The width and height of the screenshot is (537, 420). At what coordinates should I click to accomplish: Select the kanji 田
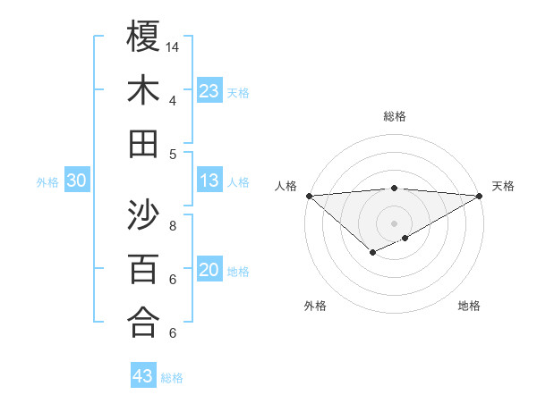tap(143, 144)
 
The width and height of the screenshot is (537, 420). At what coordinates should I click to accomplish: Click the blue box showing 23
tap(209, 90)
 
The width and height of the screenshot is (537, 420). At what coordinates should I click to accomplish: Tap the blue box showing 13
tap(209, 181)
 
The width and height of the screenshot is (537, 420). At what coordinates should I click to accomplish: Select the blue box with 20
tap(209, 271)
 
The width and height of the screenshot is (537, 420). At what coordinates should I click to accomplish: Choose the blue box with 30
tap(77, 181)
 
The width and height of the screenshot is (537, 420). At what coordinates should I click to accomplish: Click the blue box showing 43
tap(143, 376)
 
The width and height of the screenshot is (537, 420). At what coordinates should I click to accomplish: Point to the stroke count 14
tap(173, 46)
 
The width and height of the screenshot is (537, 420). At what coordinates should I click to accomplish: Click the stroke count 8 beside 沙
tap(172, 225)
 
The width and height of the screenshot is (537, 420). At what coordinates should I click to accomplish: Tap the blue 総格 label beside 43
tap(172, 378)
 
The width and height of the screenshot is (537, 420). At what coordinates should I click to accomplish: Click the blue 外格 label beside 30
tap(47, 182)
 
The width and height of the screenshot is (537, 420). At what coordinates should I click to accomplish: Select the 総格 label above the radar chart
tap(395, 116)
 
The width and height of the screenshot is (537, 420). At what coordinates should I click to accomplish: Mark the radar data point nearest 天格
tap(480, 195)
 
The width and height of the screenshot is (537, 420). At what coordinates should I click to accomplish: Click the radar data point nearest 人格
tap(308, 195)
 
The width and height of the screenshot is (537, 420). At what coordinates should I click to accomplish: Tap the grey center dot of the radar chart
tap(394, 223)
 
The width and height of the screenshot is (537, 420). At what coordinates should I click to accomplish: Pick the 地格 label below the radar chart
tap(469, 306)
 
